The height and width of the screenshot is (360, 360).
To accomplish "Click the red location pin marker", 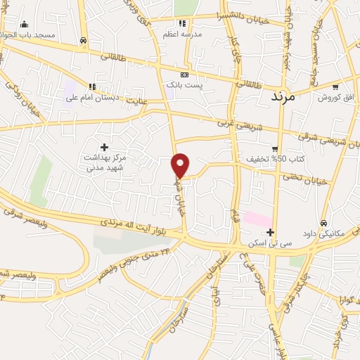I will tap(181, 165).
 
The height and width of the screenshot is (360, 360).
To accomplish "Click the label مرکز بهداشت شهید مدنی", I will tap(105, 163).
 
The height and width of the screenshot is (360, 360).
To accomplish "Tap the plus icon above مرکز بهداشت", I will tap(105, 147).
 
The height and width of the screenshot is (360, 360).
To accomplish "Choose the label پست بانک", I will tap(185, 84).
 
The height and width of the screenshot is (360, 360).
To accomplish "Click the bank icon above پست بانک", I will tap(184, 74).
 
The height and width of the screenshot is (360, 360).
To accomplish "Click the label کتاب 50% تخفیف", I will tap(275, 160).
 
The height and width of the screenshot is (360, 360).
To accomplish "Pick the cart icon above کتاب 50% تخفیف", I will tap(275, 148).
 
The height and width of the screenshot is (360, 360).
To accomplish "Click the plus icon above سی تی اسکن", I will tap(270, 232).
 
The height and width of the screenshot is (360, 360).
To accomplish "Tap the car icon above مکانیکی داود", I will tap(323, 223).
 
